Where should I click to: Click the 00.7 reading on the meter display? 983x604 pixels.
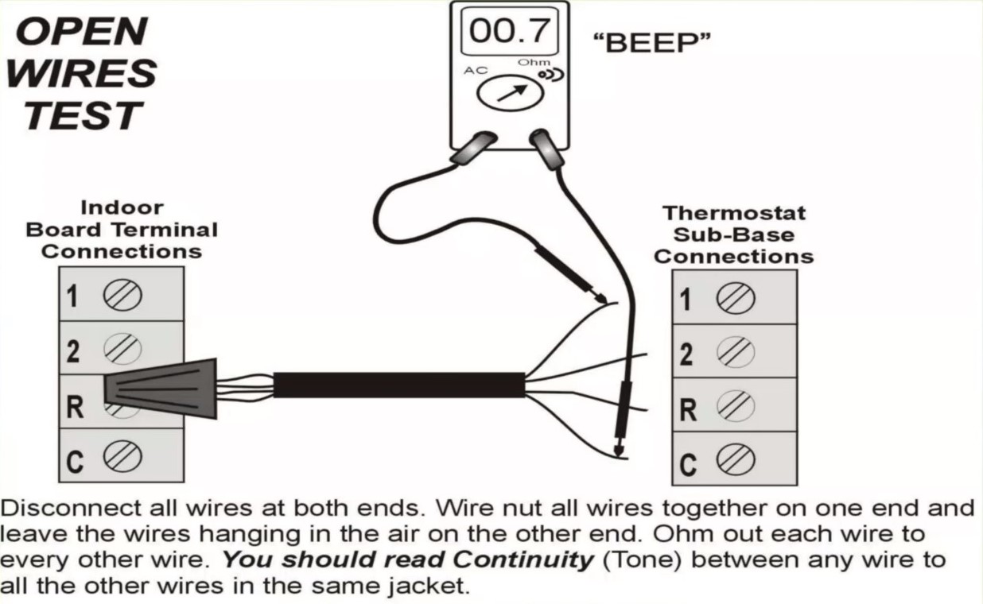click(509, 31)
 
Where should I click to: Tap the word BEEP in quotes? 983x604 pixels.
click(651, 43)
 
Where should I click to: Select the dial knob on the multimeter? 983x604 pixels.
click(510, 93)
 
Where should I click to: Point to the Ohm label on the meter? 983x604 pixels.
click(534, 62)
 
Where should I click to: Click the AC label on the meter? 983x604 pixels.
click(476, 70)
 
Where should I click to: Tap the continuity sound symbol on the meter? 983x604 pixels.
click(551, 75)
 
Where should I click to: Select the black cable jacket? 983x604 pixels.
click(399, 385)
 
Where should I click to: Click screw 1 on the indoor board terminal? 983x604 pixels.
click(122, 295)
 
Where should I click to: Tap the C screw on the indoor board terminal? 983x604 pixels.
click(122, 457)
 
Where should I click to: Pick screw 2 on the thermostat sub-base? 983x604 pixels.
click(736, 352)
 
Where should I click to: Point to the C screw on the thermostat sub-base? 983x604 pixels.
click(736, 459)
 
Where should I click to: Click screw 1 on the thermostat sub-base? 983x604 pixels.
click(736, 299)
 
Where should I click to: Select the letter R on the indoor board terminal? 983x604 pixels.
click(75, 407)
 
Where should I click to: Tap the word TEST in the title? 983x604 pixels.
click(84, 115)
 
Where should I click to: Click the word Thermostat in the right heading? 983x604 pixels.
click(734, 214)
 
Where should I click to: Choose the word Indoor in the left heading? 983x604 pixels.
click(122, 207)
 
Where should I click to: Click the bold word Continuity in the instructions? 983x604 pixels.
click(523, 560)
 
